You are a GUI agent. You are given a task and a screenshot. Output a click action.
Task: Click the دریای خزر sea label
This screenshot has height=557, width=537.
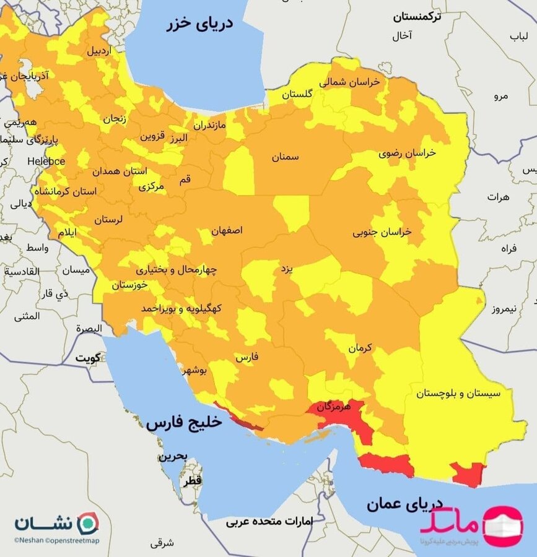(199, 25)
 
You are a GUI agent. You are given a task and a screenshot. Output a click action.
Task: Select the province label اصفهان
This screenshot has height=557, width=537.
(227, 230)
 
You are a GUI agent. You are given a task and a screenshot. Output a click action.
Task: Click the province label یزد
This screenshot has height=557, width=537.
(286, 269)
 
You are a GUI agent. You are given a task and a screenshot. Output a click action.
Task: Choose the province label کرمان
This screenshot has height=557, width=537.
(362, 348)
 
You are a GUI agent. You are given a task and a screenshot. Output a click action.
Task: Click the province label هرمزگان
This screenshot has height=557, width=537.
(334, 407)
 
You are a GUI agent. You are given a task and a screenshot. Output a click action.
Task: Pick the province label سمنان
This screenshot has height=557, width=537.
(284, 157)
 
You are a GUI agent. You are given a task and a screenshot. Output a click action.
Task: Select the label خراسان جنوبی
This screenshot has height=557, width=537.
(382, 232)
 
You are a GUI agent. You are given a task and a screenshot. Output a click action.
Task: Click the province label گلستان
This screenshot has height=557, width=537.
(297, 94)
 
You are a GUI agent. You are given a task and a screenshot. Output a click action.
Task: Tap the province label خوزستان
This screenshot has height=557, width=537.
(129, 285)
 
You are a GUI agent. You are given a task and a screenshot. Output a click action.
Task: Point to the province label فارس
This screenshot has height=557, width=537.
(246, 357)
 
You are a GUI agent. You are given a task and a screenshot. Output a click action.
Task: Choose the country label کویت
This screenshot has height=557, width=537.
(88, 358)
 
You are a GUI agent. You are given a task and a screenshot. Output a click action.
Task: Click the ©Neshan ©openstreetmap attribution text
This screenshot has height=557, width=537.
(56, 541)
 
